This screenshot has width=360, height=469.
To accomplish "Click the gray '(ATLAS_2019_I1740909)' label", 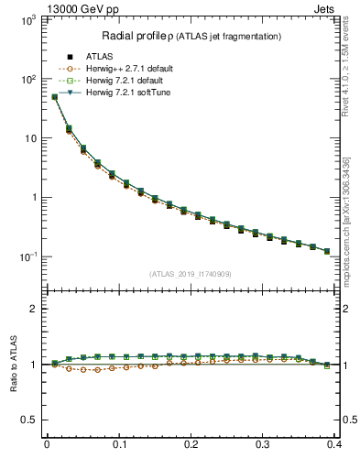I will click(191, 273).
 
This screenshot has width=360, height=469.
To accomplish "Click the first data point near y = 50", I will click(54, 96).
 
